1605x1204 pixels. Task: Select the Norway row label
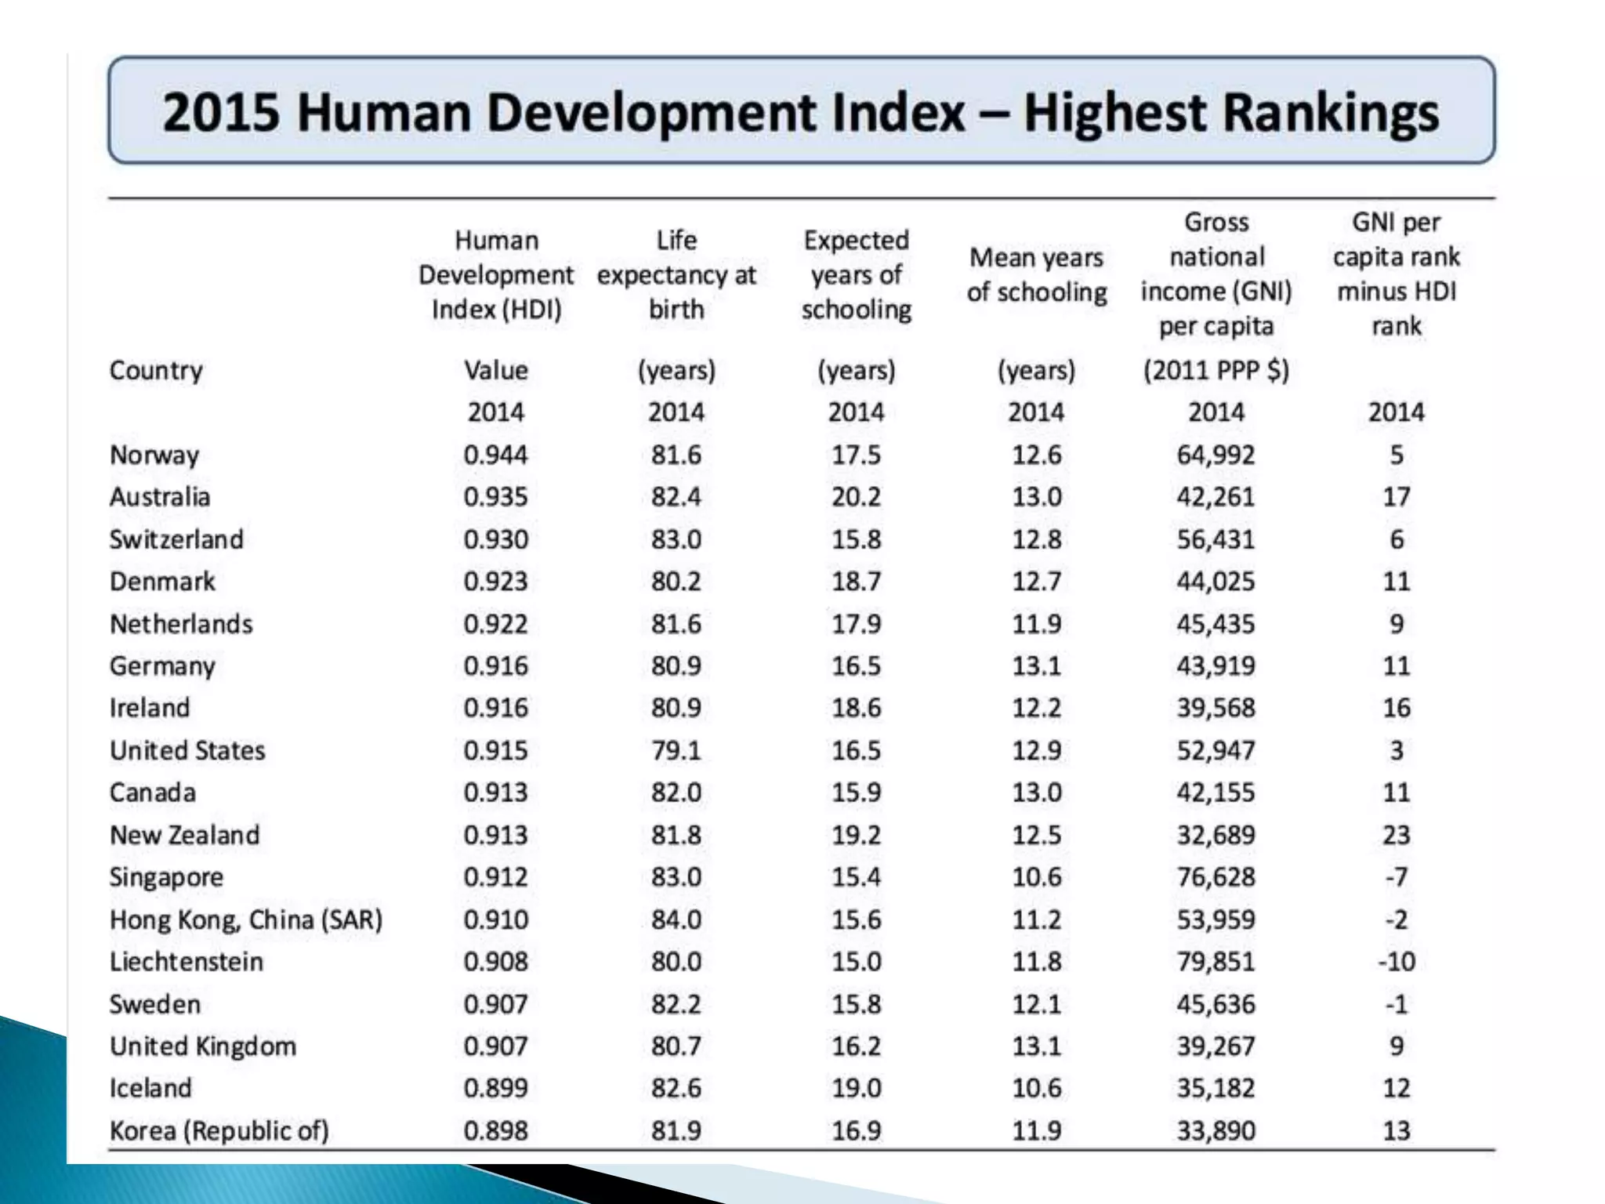(x=154, y=455)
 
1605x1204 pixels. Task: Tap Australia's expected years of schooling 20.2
(x=856, y=497)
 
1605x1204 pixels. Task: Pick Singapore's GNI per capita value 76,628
(x=1216, y=877)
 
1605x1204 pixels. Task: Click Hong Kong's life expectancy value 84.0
(x=676, y=919)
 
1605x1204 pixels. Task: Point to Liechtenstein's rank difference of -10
(x=1397, y=962)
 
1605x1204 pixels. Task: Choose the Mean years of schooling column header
(x=1036, y=275)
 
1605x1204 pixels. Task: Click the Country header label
(x=156, y=371)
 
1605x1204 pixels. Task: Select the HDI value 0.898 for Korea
(x=495, y=1131)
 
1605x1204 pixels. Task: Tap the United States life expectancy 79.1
(x=676, y=751)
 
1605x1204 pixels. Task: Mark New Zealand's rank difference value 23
(x=1397, y=836)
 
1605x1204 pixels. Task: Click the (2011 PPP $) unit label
(x=1216, y=371)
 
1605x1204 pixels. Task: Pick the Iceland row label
(x=150, y=1089)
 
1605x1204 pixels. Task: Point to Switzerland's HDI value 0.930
(x=495, y=540)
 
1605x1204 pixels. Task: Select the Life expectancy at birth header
(x=676, y=275)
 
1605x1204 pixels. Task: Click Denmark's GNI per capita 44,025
(x=1216, y=582)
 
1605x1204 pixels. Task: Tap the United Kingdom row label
(x=203, y=1046)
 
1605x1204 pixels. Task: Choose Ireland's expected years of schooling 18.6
(x=856, y=709)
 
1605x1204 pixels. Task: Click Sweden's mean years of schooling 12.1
(x=1036, y=1004)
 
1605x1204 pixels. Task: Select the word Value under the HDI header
(x=495, y=371)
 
